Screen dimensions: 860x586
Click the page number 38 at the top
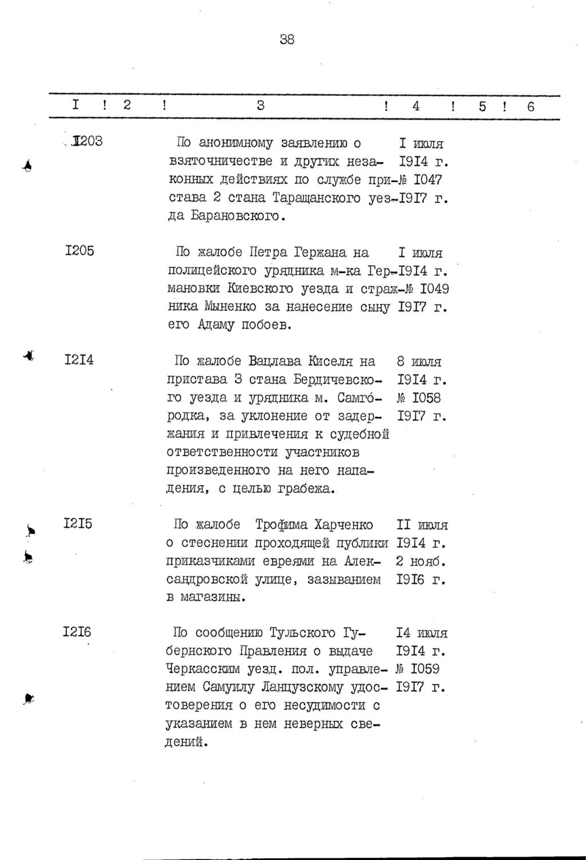coord(287,39)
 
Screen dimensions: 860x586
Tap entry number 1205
coord(80,250)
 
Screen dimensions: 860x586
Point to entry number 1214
coord(79,360)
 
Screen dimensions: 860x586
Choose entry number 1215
coord(78,524)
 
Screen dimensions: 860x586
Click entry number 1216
coord(77,632)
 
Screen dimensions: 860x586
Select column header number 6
coord(530,106)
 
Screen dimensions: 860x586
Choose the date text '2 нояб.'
coord(421,561)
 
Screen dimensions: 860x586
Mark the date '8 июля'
coord(418,361)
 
